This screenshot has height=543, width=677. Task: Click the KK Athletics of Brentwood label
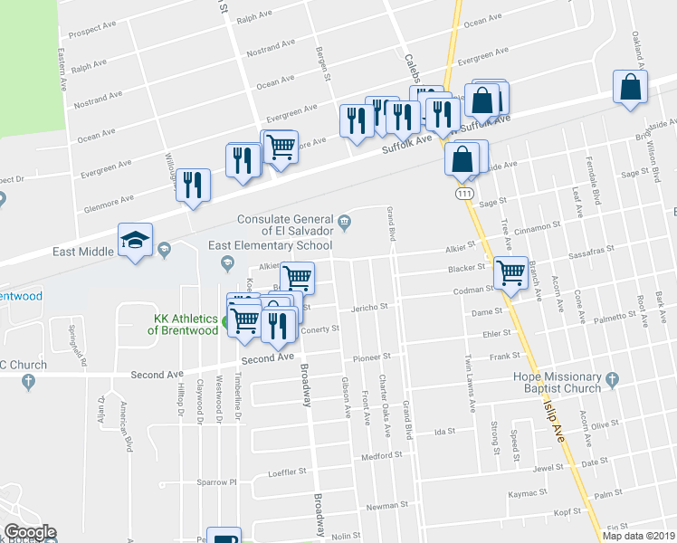pos(186,325)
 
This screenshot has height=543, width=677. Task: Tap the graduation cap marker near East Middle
pos(135,241)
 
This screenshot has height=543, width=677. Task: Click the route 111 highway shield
pos(462,195)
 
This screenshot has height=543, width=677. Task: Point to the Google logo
pos(30,531)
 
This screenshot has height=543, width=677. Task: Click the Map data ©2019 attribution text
pos(638,536)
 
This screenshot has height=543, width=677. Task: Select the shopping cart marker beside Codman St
pos(510,271)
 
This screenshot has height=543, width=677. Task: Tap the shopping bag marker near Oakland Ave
pos(631,88)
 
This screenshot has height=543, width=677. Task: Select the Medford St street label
pos(380,456)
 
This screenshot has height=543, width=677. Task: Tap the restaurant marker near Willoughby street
pos(193,185)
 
